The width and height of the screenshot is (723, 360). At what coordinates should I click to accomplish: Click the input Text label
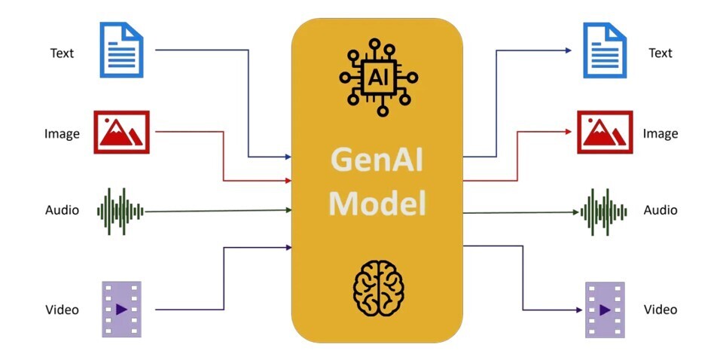(x=62, y=53)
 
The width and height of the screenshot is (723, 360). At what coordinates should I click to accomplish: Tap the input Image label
(x=62, y=134)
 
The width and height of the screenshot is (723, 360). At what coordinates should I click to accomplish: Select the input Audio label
(x=62, y=209)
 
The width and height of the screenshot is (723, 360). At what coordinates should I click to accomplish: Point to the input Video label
(x=62, y=310)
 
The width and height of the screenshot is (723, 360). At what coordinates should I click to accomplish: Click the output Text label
(x=660, y=53)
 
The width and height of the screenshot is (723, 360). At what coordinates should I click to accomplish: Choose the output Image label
(x=660, y=134)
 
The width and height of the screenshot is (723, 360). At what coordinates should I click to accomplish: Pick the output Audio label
(x=660, y=209)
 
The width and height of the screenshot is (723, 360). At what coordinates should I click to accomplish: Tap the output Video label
(x=660, y=310)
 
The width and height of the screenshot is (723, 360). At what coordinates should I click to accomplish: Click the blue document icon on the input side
(x=121, y=50)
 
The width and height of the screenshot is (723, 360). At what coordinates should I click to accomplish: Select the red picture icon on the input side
(x=121, y=133)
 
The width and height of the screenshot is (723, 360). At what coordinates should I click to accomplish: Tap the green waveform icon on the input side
(x=120, y=210)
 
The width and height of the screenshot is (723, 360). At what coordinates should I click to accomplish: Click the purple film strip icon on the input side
(x=121, y=309)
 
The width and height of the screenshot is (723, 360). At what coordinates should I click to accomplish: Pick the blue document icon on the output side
(x=606, y=50)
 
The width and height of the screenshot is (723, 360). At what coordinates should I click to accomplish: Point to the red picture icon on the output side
(x=605, y=133)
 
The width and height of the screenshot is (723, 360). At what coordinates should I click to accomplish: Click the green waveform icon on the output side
(x=604, y=210)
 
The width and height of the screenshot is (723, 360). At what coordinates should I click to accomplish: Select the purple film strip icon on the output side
(x=605, y=309)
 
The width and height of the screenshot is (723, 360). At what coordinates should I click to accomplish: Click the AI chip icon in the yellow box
(x=377, y=77)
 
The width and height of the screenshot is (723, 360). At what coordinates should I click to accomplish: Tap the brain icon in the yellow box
(x=379, y=290)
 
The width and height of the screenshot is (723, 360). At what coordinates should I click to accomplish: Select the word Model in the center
(x=377, y=203)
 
